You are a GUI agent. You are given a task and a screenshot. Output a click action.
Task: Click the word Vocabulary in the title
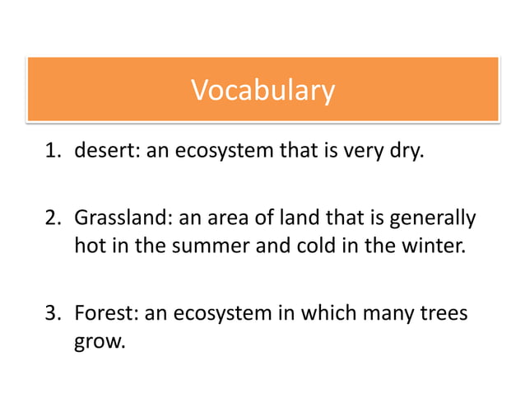click(262, 90)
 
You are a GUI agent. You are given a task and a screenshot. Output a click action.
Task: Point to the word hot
click(89, 246)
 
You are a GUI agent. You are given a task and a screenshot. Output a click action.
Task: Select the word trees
click(446, 313)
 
